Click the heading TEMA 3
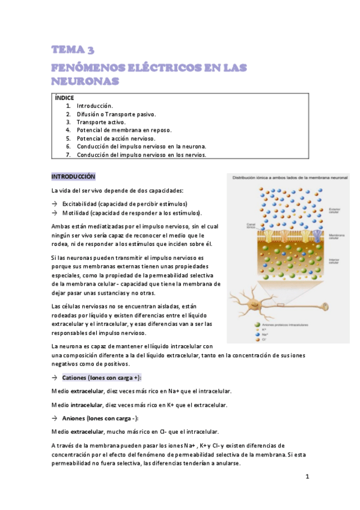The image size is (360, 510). pyautogui.click(x=73, y=50)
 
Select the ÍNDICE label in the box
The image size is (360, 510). pyautogui.click(x=64, y=97)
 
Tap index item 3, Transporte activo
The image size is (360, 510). pyautogui.click(x=101, y=122)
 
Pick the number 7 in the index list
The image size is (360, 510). pyautogui.click(x=69, y=155)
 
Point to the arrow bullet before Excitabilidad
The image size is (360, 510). pyautogui.click(x=55, y=204)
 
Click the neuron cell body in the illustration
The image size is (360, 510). pyautogui.click(x=254, y=303)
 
